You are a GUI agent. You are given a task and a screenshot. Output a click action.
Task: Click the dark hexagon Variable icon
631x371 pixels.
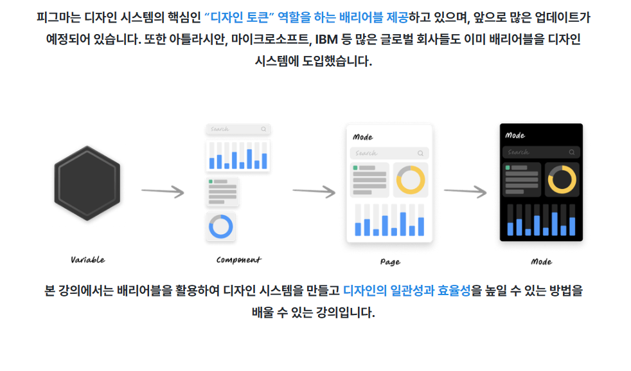click(87, 183)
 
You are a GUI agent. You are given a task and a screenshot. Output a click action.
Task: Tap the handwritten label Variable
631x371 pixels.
click(87, 260)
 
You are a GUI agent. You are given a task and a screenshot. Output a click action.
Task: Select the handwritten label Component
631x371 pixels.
click(238, 260)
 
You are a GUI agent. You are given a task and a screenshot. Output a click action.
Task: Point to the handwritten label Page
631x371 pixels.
click(390, 262)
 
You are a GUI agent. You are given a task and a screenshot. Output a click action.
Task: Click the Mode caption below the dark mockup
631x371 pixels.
click(541, 262)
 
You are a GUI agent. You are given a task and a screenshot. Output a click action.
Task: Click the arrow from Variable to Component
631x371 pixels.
click(163, 191)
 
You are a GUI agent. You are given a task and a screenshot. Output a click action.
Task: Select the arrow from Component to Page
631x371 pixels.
click(314, 191)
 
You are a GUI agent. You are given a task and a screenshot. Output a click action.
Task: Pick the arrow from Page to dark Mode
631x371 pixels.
click(465, 191)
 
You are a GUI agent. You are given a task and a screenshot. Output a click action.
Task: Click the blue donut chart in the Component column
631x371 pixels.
click(221, 227)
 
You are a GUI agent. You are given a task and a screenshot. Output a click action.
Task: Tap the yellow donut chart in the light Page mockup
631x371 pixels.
click(411, 179)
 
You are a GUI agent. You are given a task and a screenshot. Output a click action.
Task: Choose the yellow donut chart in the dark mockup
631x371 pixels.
click(562, 179)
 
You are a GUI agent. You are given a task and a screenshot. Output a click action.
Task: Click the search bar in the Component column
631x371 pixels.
click(238, 129)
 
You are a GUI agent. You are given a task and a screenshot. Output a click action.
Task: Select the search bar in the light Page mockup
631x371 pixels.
click(389, 153)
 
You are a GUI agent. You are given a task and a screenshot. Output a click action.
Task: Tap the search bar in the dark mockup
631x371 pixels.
click(540, 152)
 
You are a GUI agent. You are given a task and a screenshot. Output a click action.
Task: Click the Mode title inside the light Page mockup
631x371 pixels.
click(363, 137)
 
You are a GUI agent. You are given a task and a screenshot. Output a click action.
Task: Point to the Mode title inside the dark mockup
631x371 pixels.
click(515, 136)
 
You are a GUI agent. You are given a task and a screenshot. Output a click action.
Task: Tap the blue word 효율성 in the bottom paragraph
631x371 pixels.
click(454, 290)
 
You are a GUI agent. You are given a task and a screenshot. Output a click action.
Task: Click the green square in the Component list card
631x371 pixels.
click(211, 182)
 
